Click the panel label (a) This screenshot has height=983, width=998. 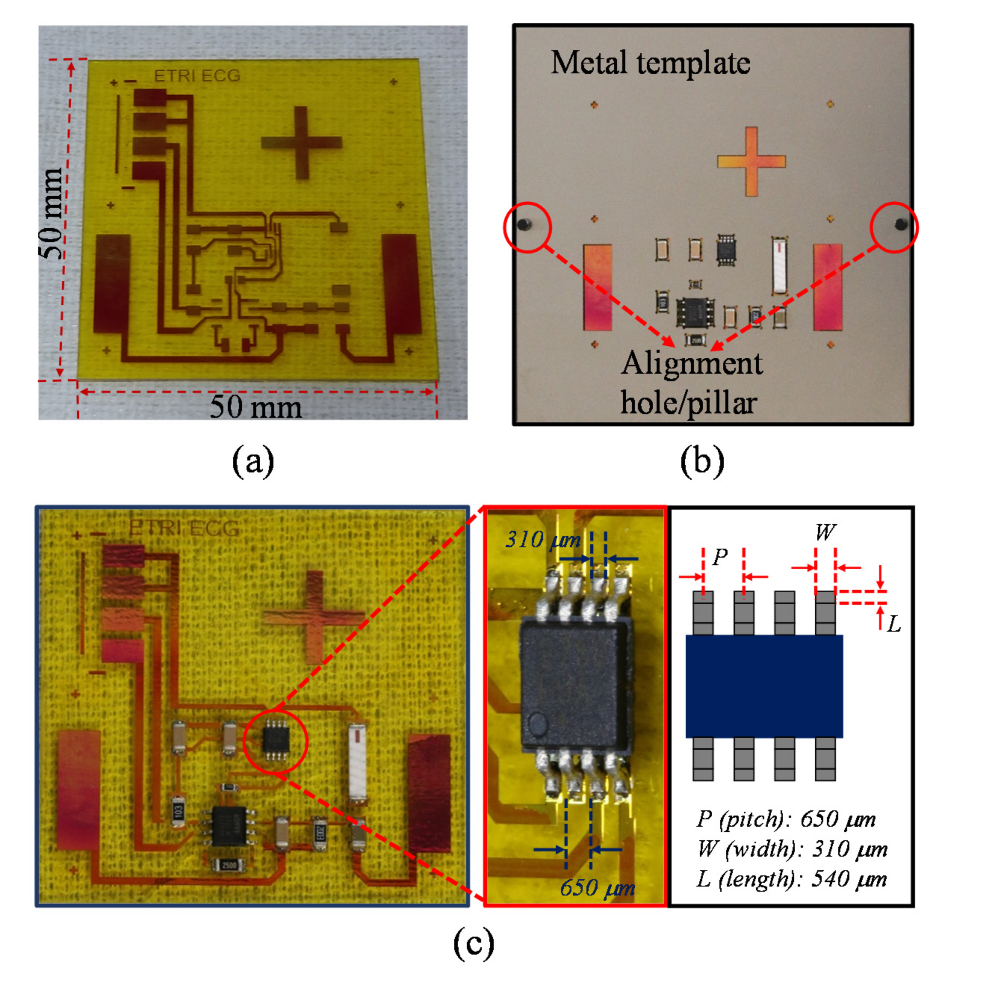click(x=252, y=461)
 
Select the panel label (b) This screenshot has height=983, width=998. click(x=702, y=461)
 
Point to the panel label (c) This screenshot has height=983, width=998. click(x=474, y=943)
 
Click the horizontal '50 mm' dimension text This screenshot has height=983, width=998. click(x=255, y=407)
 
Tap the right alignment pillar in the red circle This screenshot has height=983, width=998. click(x=901, y=224)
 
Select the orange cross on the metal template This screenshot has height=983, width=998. click(x=751, y=161)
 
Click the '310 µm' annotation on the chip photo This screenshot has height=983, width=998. click(x=542, y=540)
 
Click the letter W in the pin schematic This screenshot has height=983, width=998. click(x=825, y=532)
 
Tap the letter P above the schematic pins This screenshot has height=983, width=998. click(x=720, y=556)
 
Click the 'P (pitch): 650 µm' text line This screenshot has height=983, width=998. click(x=786, y=819)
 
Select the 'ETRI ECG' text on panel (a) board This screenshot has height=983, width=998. click(x=197, y=76)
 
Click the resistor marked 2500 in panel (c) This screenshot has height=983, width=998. click(x=228, y=864)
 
